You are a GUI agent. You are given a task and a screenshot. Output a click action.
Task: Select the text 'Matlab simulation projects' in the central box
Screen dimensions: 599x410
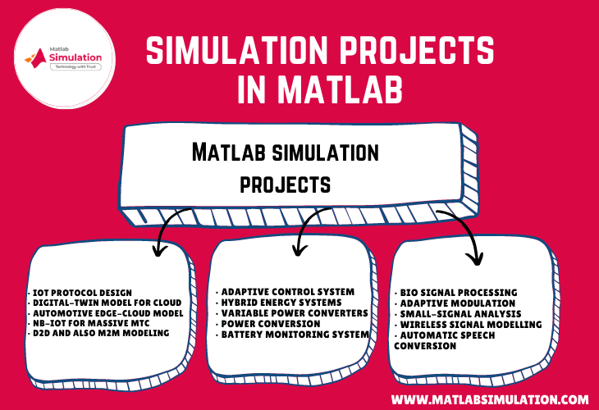click(284, 167)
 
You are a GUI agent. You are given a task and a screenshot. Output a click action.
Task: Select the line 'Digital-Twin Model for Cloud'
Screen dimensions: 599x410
click(103, 302)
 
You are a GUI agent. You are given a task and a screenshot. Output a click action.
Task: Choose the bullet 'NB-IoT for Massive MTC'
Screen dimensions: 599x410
click(89, 322)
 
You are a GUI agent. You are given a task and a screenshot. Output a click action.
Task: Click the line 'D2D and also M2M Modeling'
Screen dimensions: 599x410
click(98, 333)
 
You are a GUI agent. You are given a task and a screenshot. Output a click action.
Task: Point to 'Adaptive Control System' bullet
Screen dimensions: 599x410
click(284, 292)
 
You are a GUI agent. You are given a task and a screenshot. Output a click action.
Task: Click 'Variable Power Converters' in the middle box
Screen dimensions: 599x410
click(291, 313)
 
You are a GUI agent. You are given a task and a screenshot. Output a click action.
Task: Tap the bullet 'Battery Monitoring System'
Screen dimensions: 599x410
click(292, 334)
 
